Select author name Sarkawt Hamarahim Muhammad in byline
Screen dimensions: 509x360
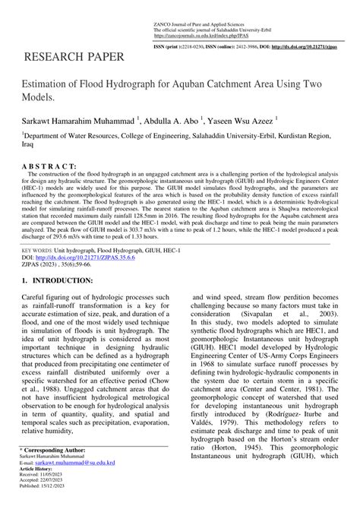tap(72, 120)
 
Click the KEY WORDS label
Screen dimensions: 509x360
tap(36, 248)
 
